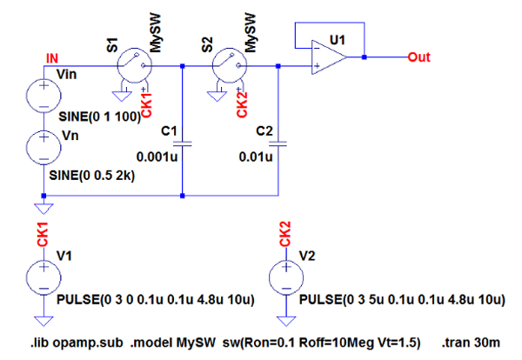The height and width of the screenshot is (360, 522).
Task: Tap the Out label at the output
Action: click(420, 57)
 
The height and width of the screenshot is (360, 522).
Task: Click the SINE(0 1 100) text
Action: click(98, 117)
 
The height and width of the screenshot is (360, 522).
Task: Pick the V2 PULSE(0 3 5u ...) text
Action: click(401, 300)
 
